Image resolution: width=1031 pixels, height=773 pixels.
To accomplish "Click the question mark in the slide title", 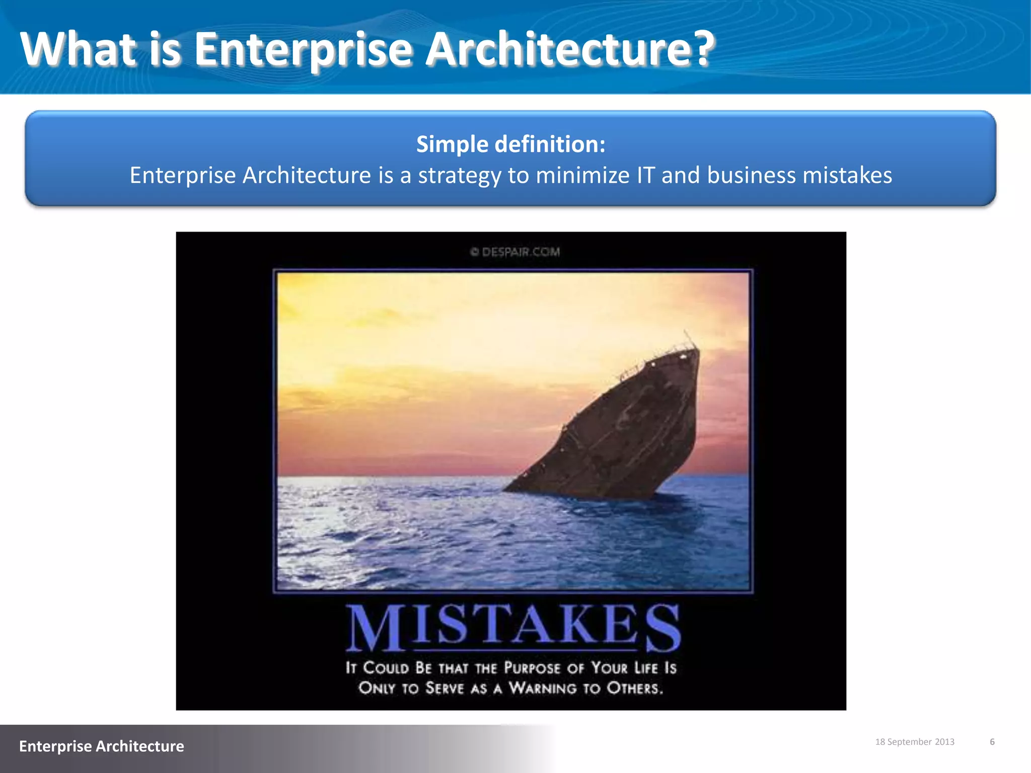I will point(699,49).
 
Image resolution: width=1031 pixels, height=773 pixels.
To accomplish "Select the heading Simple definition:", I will point(510,144).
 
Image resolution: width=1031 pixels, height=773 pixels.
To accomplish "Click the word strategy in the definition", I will point(460,176).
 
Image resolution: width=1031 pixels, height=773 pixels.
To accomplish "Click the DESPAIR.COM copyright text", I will point(515,252).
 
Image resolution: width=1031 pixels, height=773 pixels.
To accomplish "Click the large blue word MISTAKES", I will point(514,627).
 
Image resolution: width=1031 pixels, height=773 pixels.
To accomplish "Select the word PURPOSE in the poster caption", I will point(532,668).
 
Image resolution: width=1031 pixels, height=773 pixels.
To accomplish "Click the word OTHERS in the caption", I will point(634,688).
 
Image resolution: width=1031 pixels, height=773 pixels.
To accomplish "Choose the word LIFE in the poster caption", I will point(646,668).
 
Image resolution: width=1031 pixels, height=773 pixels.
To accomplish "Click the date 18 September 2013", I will point(915,742).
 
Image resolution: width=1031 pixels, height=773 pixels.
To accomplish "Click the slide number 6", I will point(992,742).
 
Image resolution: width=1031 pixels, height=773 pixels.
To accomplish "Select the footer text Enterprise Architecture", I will point(102,746).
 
